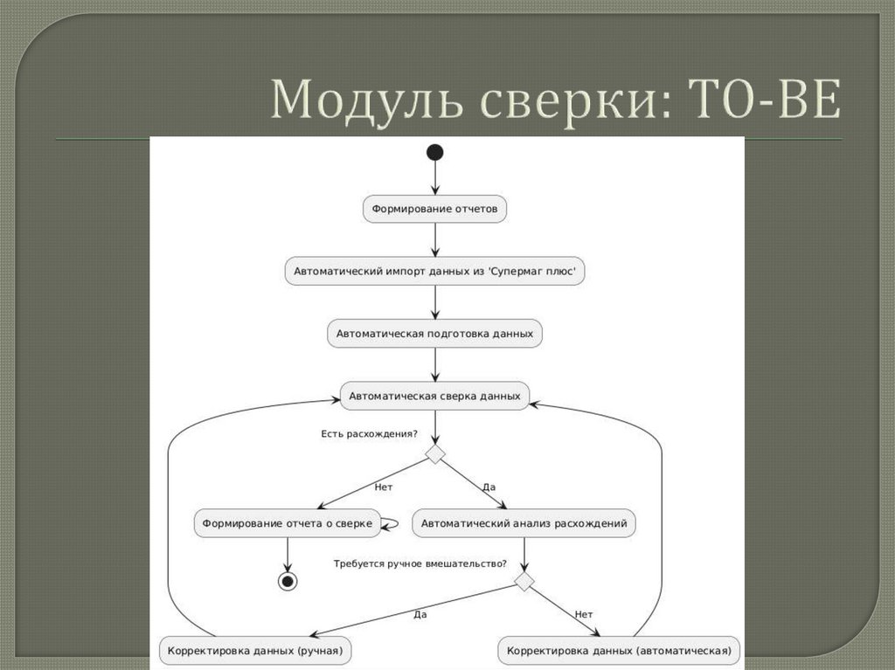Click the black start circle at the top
[434, 153]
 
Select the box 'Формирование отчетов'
[434, 209]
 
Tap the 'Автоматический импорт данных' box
[434, 271]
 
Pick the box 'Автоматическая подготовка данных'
[434, 334]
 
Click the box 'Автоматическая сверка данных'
[434, 396]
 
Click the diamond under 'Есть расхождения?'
[434, 453]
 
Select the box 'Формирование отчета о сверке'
[288, 523]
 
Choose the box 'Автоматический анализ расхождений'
[524, 523]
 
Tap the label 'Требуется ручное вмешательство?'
[420, 563]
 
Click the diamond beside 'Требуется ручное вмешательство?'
[524, 581]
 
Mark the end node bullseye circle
[287, 581]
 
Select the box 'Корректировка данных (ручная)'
[255, 651]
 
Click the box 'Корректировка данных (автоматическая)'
[619, 651]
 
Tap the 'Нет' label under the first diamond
[383, 487]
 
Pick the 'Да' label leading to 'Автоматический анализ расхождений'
[489, 487]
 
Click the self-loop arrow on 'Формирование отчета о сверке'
[392, 523]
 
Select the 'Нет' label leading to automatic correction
[584, 614]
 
